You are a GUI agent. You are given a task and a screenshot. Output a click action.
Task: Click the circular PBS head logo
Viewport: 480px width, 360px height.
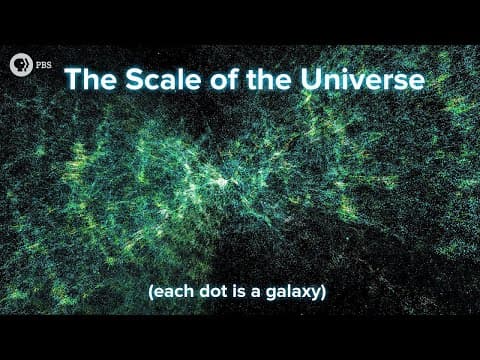pos(19,65)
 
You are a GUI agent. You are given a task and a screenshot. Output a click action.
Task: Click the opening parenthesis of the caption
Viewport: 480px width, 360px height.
pos(150,292)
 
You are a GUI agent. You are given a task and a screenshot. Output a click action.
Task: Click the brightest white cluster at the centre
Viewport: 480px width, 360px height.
pos(217,184)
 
